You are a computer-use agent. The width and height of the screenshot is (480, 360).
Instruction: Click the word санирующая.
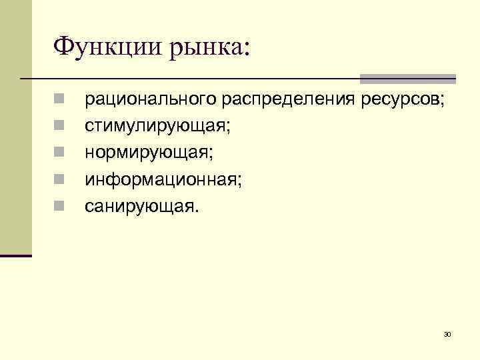tap(141, 207)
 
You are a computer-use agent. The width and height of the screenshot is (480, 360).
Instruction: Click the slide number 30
tap(447, 333)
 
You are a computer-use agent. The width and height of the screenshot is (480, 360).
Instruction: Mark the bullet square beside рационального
tap(59, 99)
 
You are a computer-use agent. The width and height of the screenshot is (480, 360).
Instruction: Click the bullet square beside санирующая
tap(59, 206)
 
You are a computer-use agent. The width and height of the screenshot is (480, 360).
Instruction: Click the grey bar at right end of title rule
tap(407, 79)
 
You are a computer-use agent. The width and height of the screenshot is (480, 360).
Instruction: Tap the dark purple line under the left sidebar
tap(16, 256)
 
